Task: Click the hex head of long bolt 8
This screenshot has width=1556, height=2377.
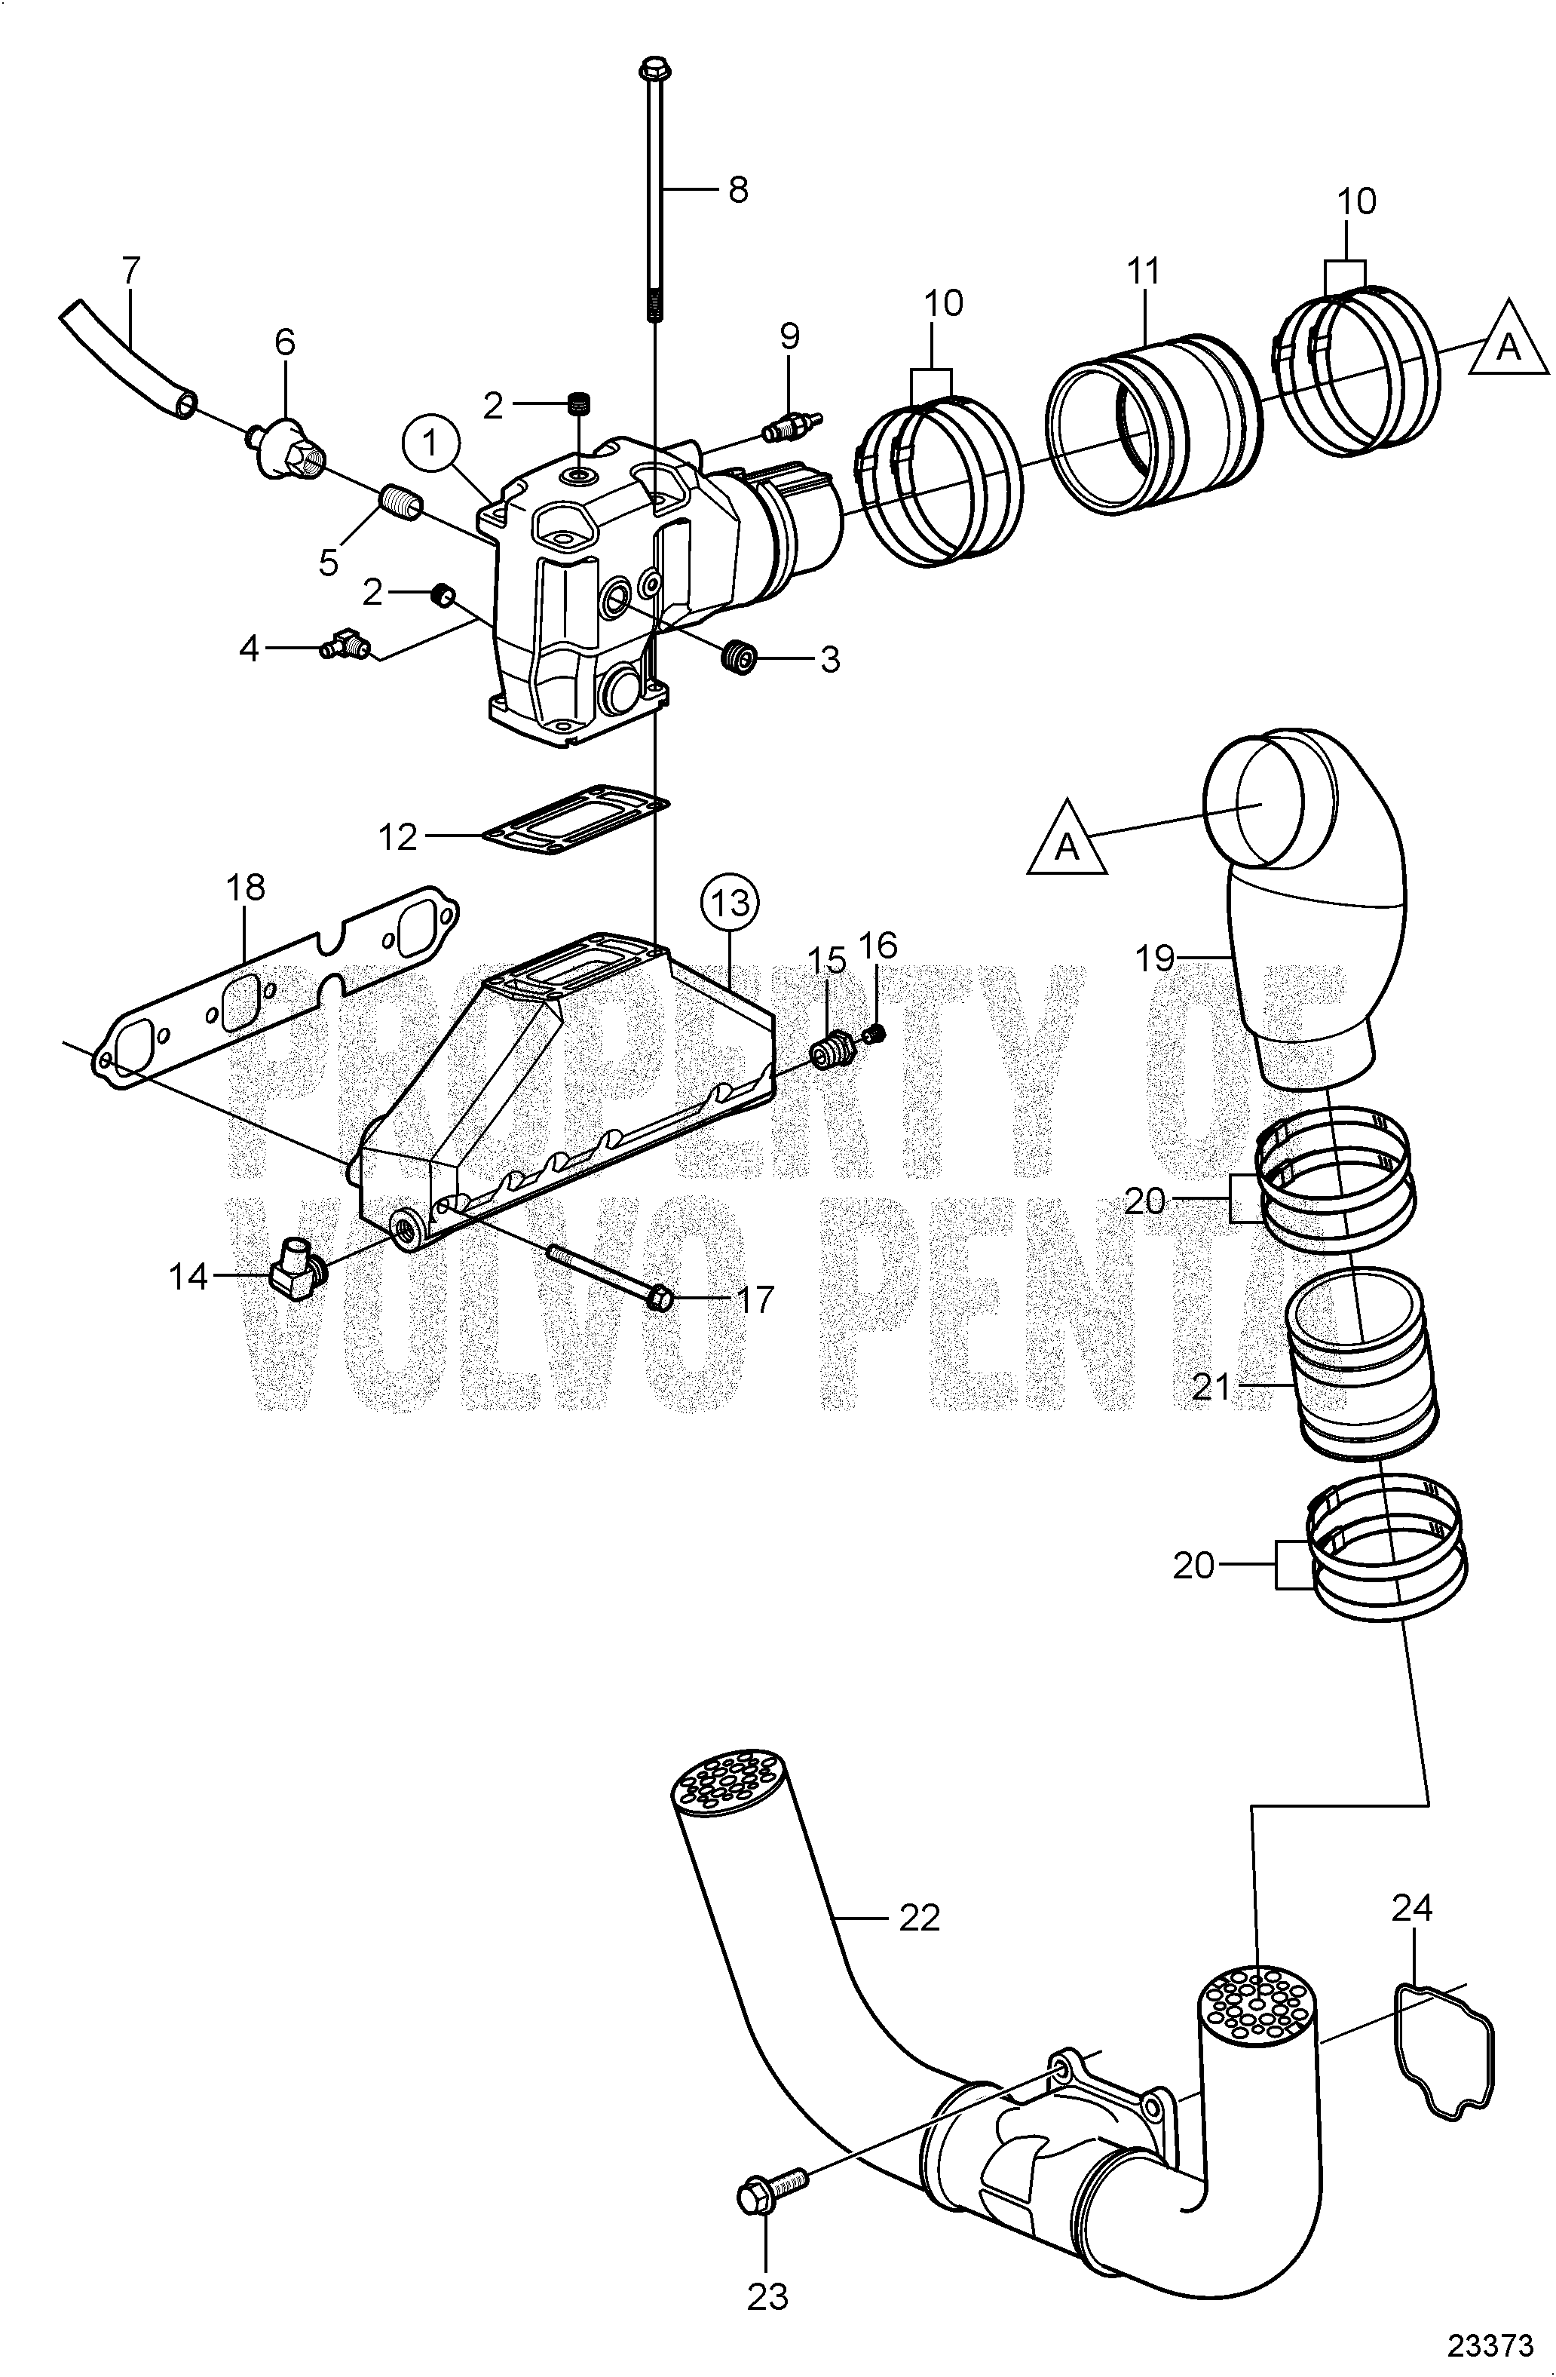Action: pos(653,70)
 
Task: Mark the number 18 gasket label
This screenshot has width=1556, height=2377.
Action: pos(246,887)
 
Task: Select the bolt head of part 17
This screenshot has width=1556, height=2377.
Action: pos(659,1299)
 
